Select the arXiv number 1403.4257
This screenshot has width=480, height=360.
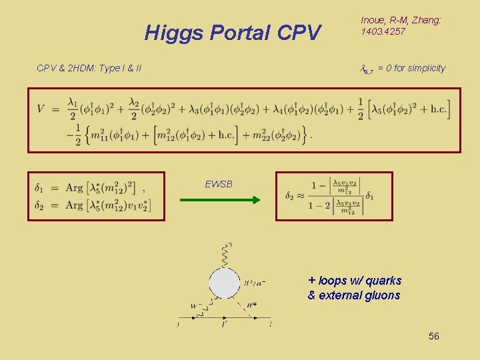(384, 31)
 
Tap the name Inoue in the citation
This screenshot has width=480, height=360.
(373, 21)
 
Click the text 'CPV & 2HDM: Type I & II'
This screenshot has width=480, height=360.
(89, 68)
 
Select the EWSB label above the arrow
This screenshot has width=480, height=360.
(219, 184)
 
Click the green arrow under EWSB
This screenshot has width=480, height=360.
(229, 199)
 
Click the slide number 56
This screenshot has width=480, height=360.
(434, 337)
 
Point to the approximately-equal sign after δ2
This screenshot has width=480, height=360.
(299, 196)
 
